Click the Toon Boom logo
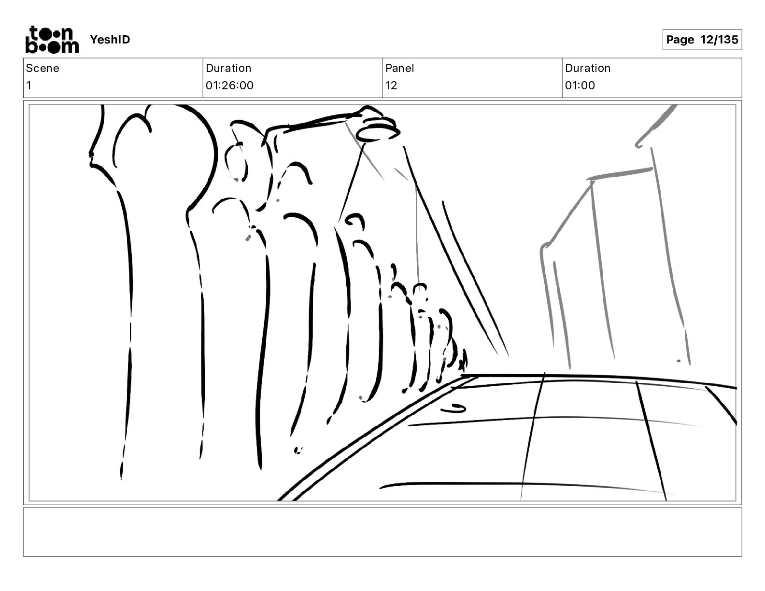point(52,40)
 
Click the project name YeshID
point(110,40)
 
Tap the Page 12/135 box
point(702,40)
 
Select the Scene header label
point(42,68)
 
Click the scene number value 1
point(29,85)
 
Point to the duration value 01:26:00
point(229,85)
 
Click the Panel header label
point(399,68)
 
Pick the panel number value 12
point(391,85)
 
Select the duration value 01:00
point(580,85)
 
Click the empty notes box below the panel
point(382,532)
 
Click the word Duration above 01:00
point(588,68)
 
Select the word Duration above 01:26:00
point(228,68)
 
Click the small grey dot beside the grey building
point(679,361)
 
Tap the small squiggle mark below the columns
point(298,450)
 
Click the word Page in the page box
point(680,40)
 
